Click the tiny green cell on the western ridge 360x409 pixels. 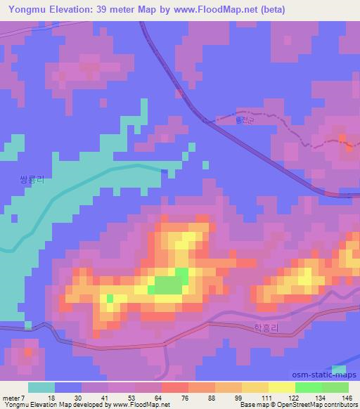[110, 298]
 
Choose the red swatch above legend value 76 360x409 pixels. [175, 387]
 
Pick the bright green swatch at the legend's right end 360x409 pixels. [335, 387]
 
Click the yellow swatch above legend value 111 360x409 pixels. [255, 387]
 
